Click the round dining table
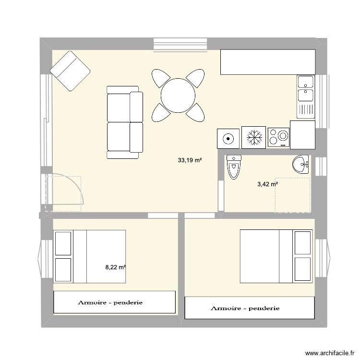tap(178, 95)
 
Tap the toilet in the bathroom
tap(233, 167)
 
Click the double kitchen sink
tap(305, 96)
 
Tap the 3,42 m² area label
tap(268, 184)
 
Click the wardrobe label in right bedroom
tap(245, 308)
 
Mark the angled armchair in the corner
tap(70, 71)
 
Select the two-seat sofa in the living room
tap(124, 122)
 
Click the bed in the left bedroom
tap(90, 257)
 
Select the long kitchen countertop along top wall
tap(267, 62)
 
